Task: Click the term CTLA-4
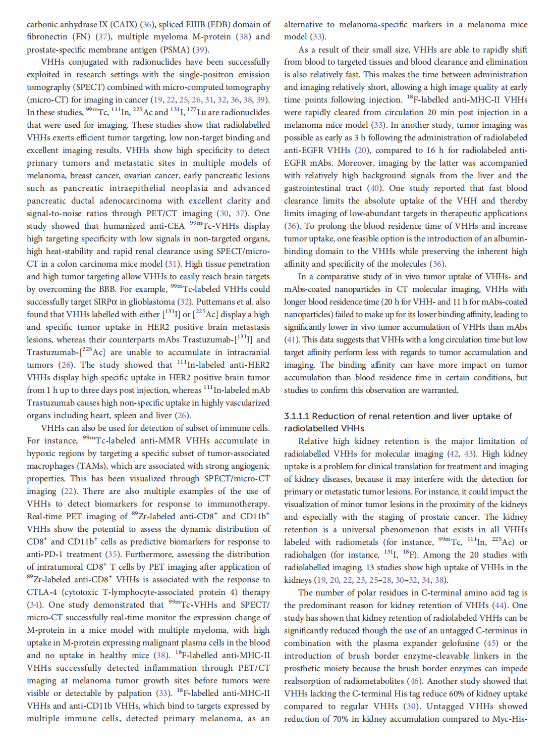pyautogui.click(x=43, y=592)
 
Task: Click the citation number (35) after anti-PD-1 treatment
pyautogui.click(x=113, y=555)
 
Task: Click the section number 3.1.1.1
pyautogui.click(x=297, y=416)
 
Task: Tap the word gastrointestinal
pyautogui.click(x=311, y=188)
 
